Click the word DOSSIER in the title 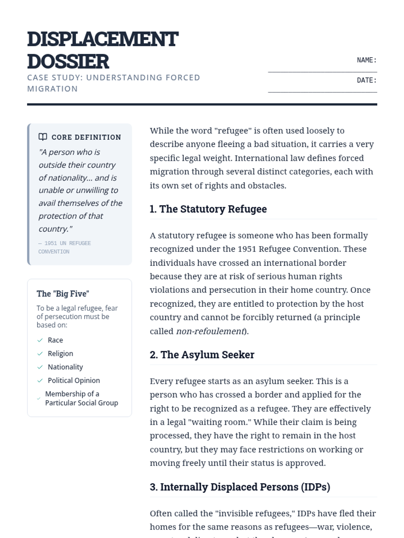point(68,62)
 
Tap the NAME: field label point(366,60)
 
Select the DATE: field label point(366,80)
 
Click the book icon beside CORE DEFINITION point(43,137)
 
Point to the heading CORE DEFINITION point(86,137)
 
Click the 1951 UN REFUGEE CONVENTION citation point(64,247)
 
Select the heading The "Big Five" point(63,294)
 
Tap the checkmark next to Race point(40,340)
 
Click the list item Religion point(60,353)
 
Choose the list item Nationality point(65,367)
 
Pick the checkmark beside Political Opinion point(40,381)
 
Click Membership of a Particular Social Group point(81,398)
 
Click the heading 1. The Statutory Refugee point(208,209)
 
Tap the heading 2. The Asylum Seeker point(202,355)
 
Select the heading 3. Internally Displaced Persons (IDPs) point(240,487)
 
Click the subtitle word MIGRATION point(53,89)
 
